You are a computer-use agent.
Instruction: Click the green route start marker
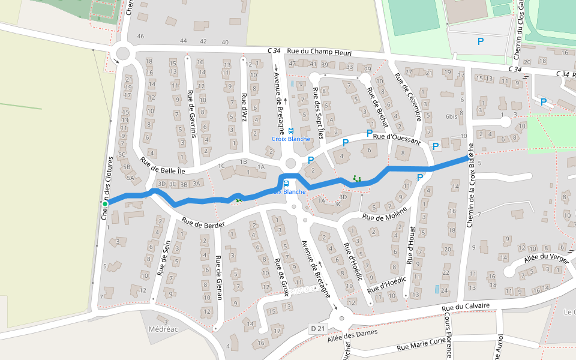click(x=105, y=204)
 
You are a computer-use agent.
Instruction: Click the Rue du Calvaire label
click(x=466, y=307)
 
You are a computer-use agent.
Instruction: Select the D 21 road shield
click(x=318, y=329)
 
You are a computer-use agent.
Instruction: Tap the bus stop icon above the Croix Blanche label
click(x=291, y=130)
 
